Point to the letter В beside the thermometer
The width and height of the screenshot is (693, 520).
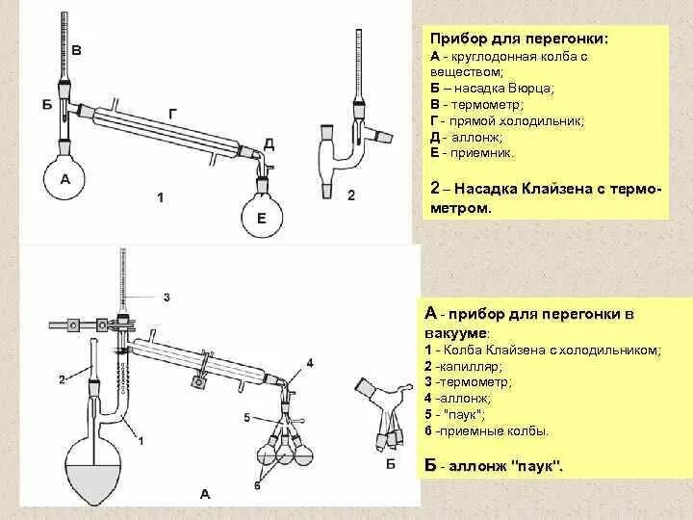tap(77, 50)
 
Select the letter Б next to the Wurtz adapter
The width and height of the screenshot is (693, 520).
tap(46, 104)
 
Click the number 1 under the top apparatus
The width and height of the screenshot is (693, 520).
tap(161, 198)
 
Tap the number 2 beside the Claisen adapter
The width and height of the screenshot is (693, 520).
tap(351, 196)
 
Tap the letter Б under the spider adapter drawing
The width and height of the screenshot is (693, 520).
tap(391, 466)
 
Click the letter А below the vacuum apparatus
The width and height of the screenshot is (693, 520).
tap(204, 493)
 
